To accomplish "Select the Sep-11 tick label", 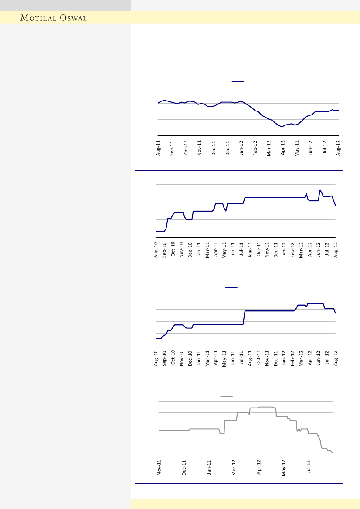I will pyautogui.click(x=172, y=148).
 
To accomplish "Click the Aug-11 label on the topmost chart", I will pyautogui.click(x=158, y=148).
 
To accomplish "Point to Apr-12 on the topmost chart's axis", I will pyautogui.click(x=283, y=148).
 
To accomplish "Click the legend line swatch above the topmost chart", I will pyautogui.click(x=238, y=81).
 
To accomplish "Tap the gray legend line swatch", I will pyautogui.click(x=227, y=396).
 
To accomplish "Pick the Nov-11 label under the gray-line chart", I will pyautogui.click(x=160, y=468).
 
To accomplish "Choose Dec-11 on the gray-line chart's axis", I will pyautogui.click(x=184, y=468).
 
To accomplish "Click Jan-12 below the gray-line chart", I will pyautogui.click(x=209, y=468).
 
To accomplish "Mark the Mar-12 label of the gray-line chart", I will pyautogui.click(x=234, y=468).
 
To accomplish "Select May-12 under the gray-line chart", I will pyautogui.click(x=284, y=468).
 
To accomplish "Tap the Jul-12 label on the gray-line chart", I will pyautogui.click(x=309, y=468).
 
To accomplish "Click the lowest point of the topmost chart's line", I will pyautogui.click(x=282, y=127).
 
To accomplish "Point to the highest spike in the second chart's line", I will pyautogui.click(x=320, y=190).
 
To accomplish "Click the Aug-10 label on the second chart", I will pyautogui.click(x=156, y=251).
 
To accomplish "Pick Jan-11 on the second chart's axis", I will pyautogui.click(x=199, y=251).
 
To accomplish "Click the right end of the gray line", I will pyautogui.click(x=333, y=453).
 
